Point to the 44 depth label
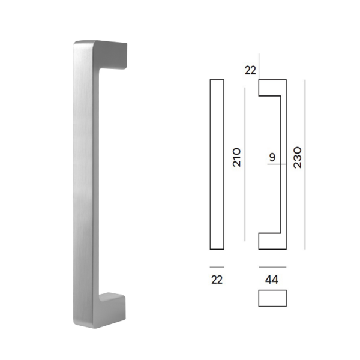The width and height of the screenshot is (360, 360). click(x=272, y=280)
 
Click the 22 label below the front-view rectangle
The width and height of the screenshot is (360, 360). click(x=217, y=280)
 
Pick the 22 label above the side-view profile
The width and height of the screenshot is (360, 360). click(x=250, y=70)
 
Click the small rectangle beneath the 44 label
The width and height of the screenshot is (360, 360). click(x=272, y=298)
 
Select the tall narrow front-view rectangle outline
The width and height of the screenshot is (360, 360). click(x=217, y=164)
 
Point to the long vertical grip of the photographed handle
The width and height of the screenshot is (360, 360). click(x=84, y=180)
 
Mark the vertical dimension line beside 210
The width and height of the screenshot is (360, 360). click(x=245, y=164)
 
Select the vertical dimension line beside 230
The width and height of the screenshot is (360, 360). click(x=305, y=164)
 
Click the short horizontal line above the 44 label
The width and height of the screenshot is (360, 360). click(x=272, y=266)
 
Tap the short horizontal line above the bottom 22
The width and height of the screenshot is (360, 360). click(x=217, y=266)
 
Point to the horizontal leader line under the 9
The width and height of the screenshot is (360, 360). click(x=275, y=166)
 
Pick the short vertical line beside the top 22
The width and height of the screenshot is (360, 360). click(x=259, y=65)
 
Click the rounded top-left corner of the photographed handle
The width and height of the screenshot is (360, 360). click(x=77, y=44)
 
